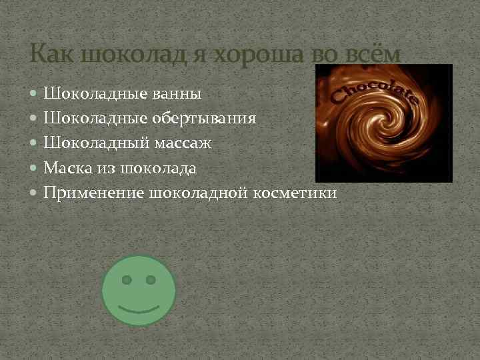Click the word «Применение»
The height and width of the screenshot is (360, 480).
tap(93, 193)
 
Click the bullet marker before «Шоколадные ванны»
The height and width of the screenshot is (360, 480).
tap(35, 94)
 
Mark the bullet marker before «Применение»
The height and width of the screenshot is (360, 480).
tap(35, 193)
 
